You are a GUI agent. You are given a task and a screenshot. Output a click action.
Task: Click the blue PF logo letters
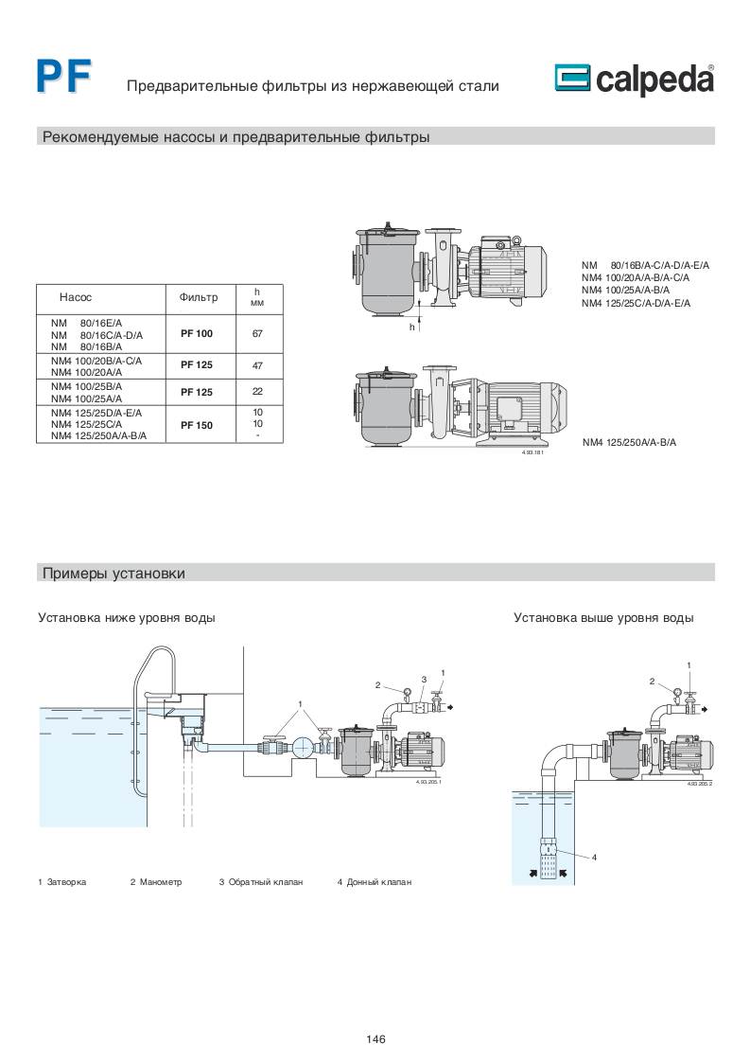(x=63, y=77)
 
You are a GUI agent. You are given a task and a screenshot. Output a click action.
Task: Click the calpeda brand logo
(x=633, y=80)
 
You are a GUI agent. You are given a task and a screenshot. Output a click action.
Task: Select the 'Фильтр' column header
(x=198, y=297)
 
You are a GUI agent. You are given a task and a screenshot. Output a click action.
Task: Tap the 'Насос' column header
(x=75, y=297)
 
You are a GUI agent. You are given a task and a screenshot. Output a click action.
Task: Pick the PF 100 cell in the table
(x=197, y=334)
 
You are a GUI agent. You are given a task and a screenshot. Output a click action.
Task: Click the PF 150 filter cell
(x=197, y=426)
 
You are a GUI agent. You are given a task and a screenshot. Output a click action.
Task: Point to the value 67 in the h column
(x=257, y=334)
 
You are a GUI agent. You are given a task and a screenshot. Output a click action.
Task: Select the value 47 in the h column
(x=257, y=364)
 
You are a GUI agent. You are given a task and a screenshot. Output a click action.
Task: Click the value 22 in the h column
(x=257, y=392)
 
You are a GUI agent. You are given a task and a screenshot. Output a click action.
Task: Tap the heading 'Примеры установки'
(x=113, y=574)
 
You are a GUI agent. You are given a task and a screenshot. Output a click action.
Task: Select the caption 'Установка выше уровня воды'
(x=603, y=618)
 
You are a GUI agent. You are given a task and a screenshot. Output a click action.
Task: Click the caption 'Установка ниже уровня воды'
(x=127, y=618)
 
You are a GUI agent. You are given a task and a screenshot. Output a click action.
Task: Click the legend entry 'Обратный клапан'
(x=266, y=882)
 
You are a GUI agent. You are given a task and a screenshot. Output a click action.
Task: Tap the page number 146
(x=375, y=1039)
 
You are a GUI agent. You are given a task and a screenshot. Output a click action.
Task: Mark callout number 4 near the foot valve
(x=594, y=858)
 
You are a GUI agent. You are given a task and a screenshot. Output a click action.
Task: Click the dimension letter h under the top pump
(x=412, y=327)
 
